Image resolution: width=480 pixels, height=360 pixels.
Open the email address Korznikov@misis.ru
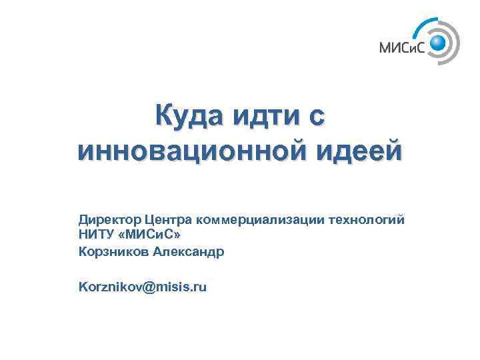(143, 287)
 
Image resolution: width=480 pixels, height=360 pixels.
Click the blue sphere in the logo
(438, 44)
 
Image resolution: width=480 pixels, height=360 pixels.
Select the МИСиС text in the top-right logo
(403, 47)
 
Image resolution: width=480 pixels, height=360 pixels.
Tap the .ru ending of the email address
(198, 287)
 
